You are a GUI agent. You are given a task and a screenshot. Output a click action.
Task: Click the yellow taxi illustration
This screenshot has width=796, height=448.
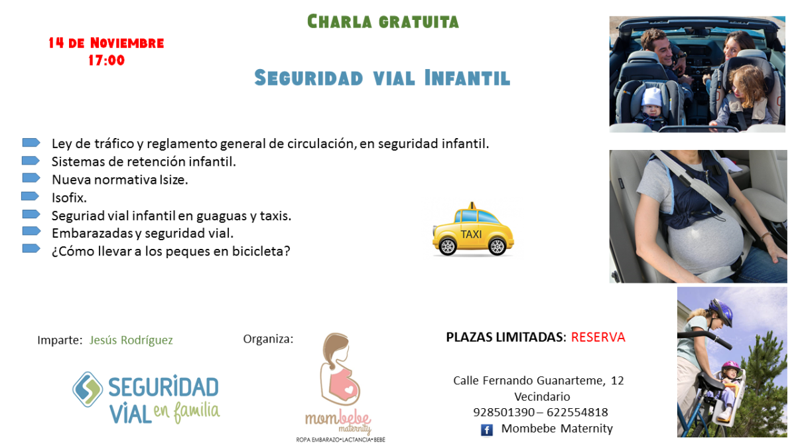[x=473, y=230]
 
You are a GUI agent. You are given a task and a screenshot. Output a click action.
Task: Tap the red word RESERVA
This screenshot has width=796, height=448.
[x=598, y=337]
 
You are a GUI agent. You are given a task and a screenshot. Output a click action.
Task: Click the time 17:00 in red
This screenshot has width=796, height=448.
[x=106, y=60]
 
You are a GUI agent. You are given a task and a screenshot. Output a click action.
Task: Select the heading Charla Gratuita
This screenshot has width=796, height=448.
[x=383, y=22]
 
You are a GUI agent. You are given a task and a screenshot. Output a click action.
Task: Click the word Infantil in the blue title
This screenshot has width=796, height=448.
[x=467, y=78]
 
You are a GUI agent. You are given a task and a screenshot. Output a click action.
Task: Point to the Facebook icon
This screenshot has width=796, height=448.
[x=486, y=430]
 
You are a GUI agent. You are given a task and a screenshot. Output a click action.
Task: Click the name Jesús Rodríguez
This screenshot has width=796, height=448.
[x=131, y=340]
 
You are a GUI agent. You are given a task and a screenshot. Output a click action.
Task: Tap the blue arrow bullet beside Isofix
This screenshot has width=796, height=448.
[x=31, y=196]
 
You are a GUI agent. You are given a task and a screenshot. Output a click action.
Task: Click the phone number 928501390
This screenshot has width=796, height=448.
[x=503, y=412]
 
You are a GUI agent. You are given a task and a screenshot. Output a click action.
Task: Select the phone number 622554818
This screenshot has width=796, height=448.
[x=577, y=412]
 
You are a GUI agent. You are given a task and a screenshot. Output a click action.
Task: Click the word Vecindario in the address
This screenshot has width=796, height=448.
[x=542, y=396]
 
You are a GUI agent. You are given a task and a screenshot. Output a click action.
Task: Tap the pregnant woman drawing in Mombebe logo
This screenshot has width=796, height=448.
[x=340, y=369]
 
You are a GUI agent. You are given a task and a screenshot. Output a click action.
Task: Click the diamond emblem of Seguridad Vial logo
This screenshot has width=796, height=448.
[x=88, y=390]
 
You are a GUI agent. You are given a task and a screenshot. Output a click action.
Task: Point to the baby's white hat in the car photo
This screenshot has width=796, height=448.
[x=651, y=97]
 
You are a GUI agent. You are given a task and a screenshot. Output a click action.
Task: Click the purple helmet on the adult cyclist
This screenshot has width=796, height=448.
[x=722, y=311]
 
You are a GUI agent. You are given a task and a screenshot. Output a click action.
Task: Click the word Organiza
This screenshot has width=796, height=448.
[x=268, y=339]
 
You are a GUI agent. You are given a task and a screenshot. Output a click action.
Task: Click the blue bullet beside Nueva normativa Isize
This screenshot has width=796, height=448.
[x=31, y=178]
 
